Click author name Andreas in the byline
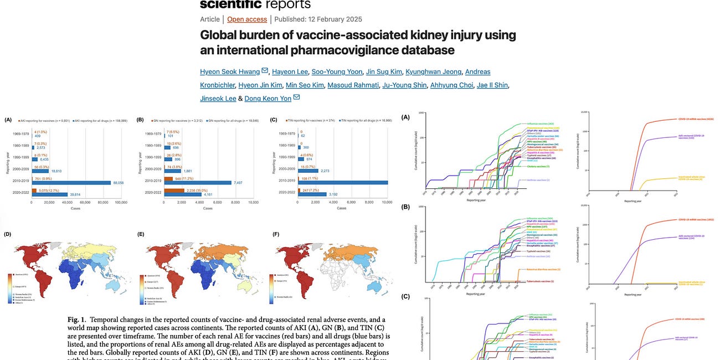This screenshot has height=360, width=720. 477,71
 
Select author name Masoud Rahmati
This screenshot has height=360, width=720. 350,85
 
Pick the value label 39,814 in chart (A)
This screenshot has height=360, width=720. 74,195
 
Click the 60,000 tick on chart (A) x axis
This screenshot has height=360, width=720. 85,203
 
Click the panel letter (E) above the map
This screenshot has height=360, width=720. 141,234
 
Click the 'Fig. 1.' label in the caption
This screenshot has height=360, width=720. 78,320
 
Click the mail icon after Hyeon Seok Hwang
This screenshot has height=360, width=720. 265,71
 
